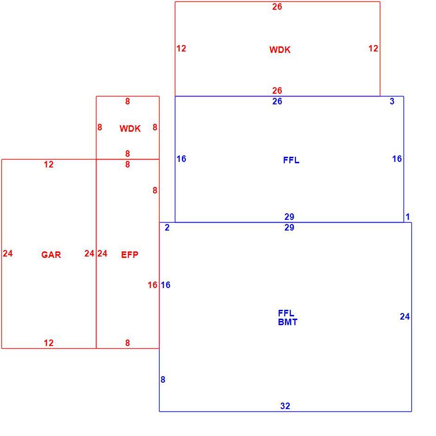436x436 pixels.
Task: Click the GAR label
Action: click(x=51, y=255)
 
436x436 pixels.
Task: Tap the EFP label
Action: click(x=129, y=255)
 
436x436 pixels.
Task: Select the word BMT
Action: click(x=288, y=322)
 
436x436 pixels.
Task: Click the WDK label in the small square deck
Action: click(x=130, y=128)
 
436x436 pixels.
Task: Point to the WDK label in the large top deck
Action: click(x=280, y=50)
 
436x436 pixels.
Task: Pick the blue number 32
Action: click(x=285, y=406)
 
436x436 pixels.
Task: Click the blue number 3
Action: click(x=392, y=101)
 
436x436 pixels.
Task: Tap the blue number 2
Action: click(x=167, y=227)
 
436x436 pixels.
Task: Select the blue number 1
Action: click(x=408, y=217)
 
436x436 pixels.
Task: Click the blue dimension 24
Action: click(x=404, y=316)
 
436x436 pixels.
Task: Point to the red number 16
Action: click(x=153, y=285)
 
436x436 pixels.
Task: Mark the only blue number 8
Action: click(x=163, y=379)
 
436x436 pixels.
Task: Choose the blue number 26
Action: click(x=277, y=101)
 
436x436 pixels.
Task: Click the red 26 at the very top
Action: click(x=277, y=6)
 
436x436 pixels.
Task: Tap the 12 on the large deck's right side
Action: click(x=373, y=48)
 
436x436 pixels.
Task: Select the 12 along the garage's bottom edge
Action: click(x=48, y=343)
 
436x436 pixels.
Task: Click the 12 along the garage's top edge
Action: click(x=48, y=164)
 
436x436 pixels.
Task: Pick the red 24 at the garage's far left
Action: click(x=8, y=253)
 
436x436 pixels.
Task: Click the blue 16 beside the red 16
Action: click(x=166, y=285)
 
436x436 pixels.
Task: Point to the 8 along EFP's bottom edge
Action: click(x=128, y=343)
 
